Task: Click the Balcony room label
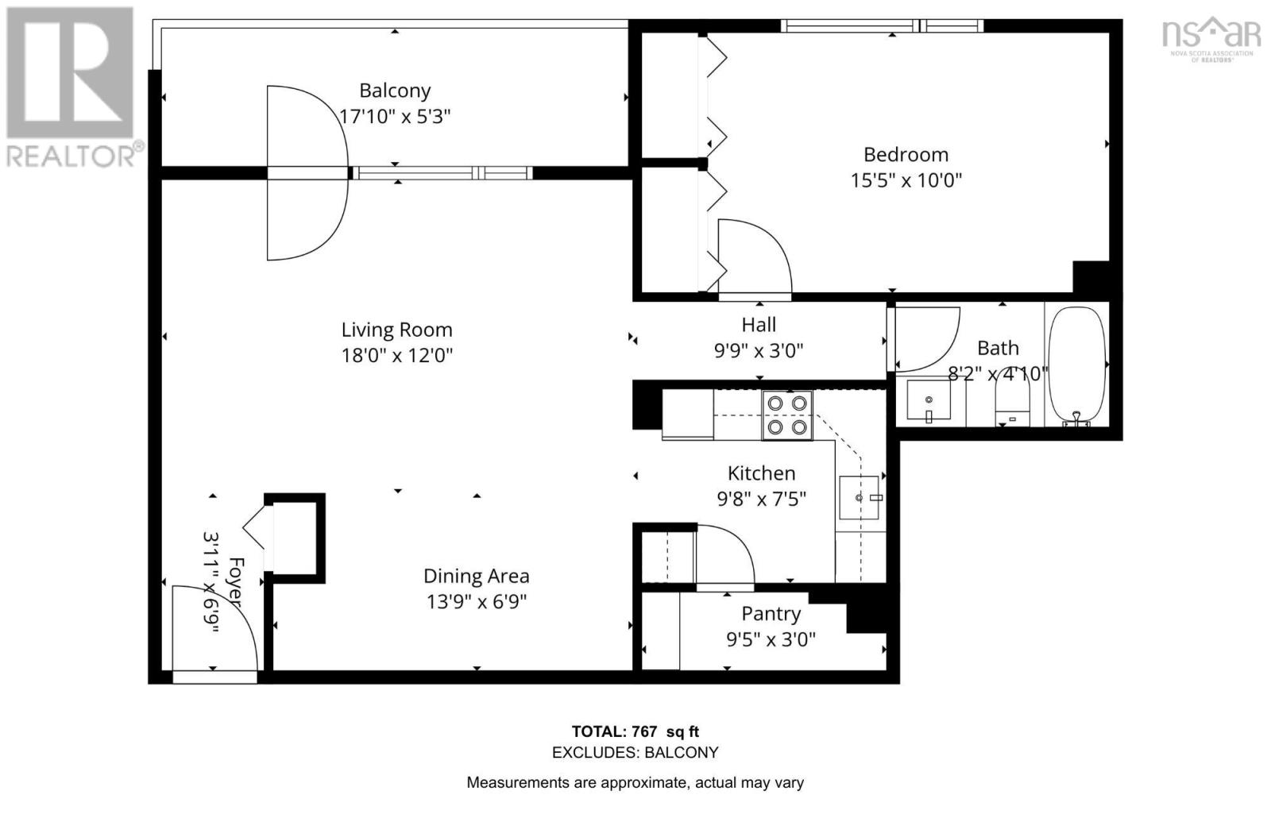click(395, 91)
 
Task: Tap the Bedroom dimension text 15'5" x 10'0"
click(906, 180)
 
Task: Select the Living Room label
click(396, 330)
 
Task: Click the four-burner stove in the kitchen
click(786, 415)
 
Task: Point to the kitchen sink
click(858, 497)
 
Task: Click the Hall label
click(759, 325)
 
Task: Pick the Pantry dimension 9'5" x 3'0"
click(771, 639)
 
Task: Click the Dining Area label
click(476, 576)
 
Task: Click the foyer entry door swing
click(214, 627)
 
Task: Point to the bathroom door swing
click(925, 338)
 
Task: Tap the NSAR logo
click(1211, 38)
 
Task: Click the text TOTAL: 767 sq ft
click(635, 731)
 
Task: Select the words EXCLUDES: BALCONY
click(635, 752)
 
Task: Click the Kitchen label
click(761, 473)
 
